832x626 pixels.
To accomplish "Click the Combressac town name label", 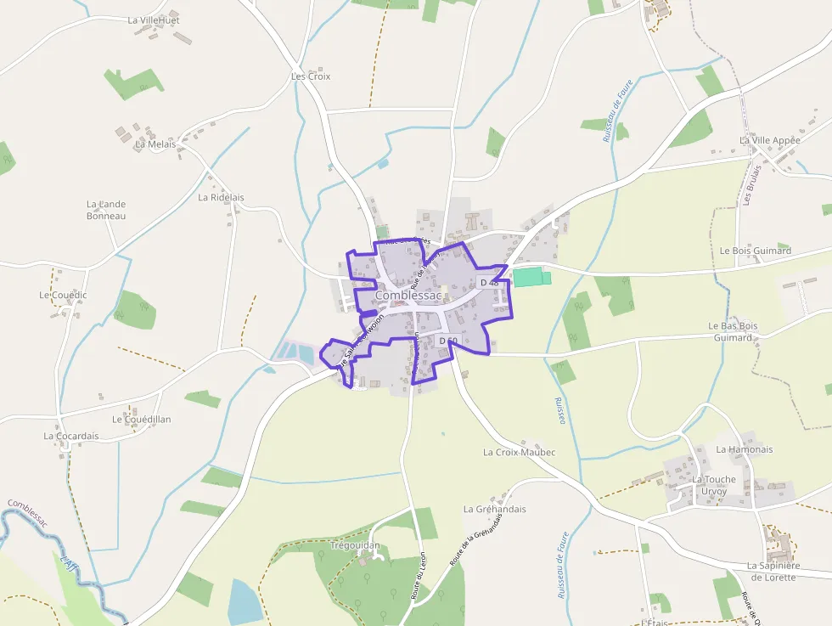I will pyautogui.click(x=408, y=295).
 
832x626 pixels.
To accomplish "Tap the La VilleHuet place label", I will pyautogui.click(x=154, y=20).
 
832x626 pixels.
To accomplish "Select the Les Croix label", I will pyautogui.click(x=311, y=76).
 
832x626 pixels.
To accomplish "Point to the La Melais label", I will pyautogui.click(x=155, y=144).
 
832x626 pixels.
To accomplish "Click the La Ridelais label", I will pyautogui.click(x=221, y=197).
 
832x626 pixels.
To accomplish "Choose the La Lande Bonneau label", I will pyautogui.click(x=106, y=210).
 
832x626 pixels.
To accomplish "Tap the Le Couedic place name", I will pyautogui.click(x=63, y=295).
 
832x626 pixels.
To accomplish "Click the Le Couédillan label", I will pyautogui.click(x=141, y=420).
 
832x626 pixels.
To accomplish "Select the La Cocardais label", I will pyautogui.click(x=71, y=437).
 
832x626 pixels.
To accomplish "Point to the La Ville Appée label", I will pyautogui.click(x=770, y=140).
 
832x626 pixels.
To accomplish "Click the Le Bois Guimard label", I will pyautogui.click(x=755, y=251).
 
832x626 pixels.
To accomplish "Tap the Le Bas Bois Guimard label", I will pyautogui.click(x=733, y=331).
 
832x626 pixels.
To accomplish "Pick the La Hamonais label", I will pyautogui.click(x=745, y=449).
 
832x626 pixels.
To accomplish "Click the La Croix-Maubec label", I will pyautogui.click(x=519, y=452).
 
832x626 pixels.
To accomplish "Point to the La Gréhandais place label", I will pyautogui.click(x=494, y=509).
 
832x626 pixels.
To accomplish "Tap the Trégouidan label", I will pyautogui.click(x=354, y=545).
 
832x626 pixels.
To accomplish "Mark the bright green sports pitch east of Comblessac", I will pyautogui.click(x=531, y=277).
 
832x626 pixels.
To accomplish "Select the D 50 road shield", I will pyautogui.click(x=448, y=341).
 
